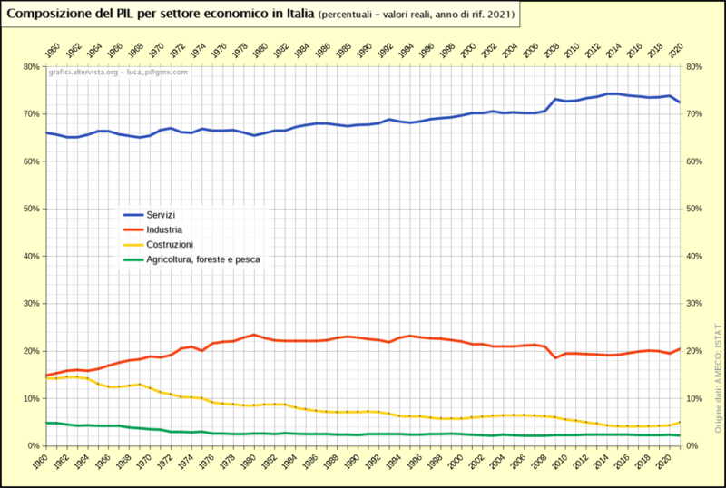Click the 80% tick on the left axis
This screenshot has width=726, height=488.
(30, 67)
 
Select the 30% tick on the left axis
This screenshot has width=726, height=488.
(30, 304)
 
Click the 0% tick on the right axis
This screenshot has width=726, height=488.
(692, 446)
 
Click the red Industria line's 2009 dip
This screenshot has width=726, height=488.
(555, 357)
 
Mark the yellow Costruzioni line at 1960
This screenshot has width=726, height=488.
(45, 377)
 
